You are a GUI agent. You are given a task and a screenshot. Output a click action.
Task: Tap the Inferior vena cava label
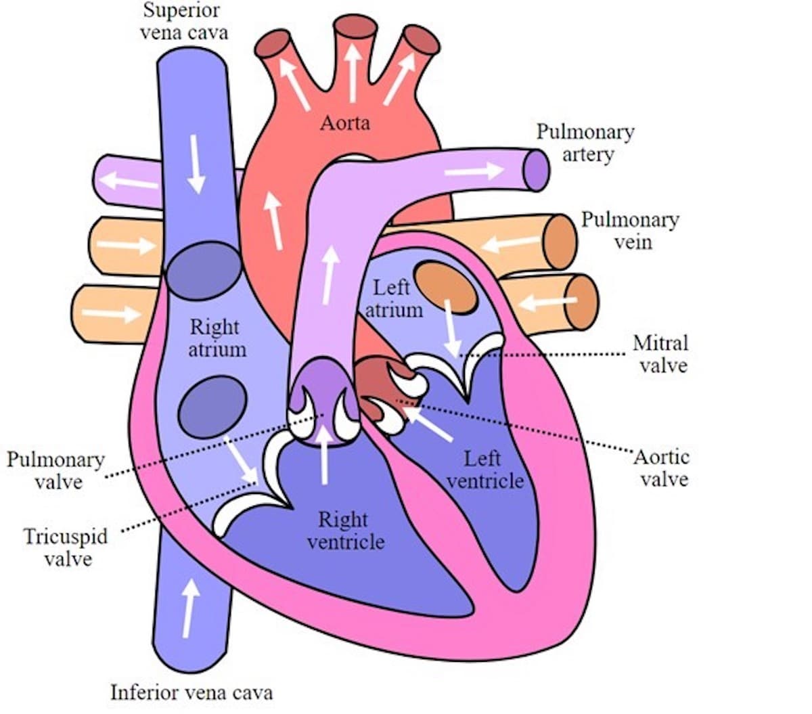pyautogui.click(x=191, y=692)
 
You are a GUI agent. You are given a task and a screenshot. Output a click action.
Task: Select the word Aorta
pyautogui.click(x=345, y=122)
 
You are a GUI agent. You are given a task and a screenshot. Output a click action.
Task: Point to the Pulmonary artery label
pyautogui.click(x=586, y=143)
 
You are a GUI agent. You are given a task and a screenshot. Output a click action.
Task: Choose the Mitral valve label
pyautogui.click(x=660, y=354)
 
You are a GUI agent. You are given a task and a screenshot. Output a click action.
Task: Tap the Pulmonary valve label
pyautogui.click(x=56, y=471)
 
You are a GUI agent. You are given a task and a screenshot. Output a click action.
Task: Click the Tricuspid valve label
pyautogui.click(x=66, y=548)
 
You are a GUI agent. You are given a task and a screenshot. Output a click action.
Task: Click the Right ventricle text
pyautogui.click(x=345, y=531)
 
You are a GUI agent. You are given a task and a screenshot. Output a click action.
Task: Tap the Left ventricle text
pyautogui.click(x=485, y=470)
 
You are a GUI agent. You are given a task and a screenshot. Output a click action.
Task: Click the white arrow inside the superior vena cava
pyautogui.click(x=196, y=163)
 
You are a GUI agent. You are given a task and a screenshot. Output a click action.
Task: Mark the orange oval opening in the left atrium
pyautogui.click(x=445, y=288)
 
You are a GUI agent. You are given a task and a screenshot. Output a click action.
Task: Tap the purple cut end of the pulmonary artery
pyautogui.click(x=537, y=170)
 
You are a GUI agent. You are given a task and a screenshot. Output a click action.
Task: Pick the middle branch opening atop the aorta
pyautogui.click(x=355, y=27)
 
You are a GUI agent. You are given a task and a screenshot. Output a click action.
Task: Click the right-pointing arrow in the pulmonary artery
pyautogui.click(x=474, y=171)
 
